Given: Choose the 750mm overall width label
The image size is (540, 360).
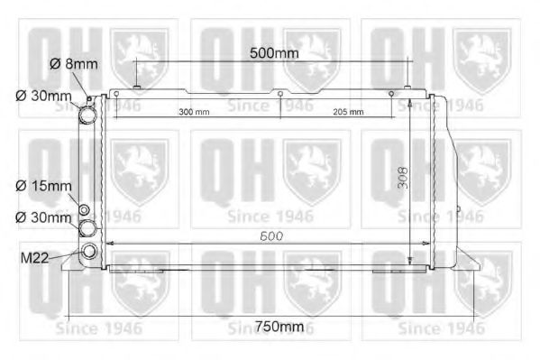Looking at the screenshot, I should (x=279, y=326).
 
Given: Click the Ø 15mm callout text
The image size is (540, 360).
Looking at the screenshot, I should (x=43, y=187).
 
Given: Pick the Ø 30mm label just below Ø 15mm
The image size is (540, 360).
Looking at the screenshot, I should (x=43, y=217).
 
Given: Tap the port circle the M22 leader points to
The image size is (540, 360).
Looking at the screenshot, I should (x=88, y=253).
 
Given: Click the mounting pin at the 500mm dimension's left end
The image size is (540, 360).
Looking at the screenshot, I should (x=136, y=88).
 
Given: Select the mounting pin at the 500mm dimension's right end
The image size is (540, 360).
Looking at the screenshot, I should (x=408, y=88).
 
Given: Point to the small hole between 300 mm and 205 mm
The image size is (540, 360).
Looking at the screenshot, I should (x=280, y=94).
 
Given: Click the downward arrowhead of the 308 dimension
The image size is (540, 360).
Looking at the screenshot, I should (x=410, y=262).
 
